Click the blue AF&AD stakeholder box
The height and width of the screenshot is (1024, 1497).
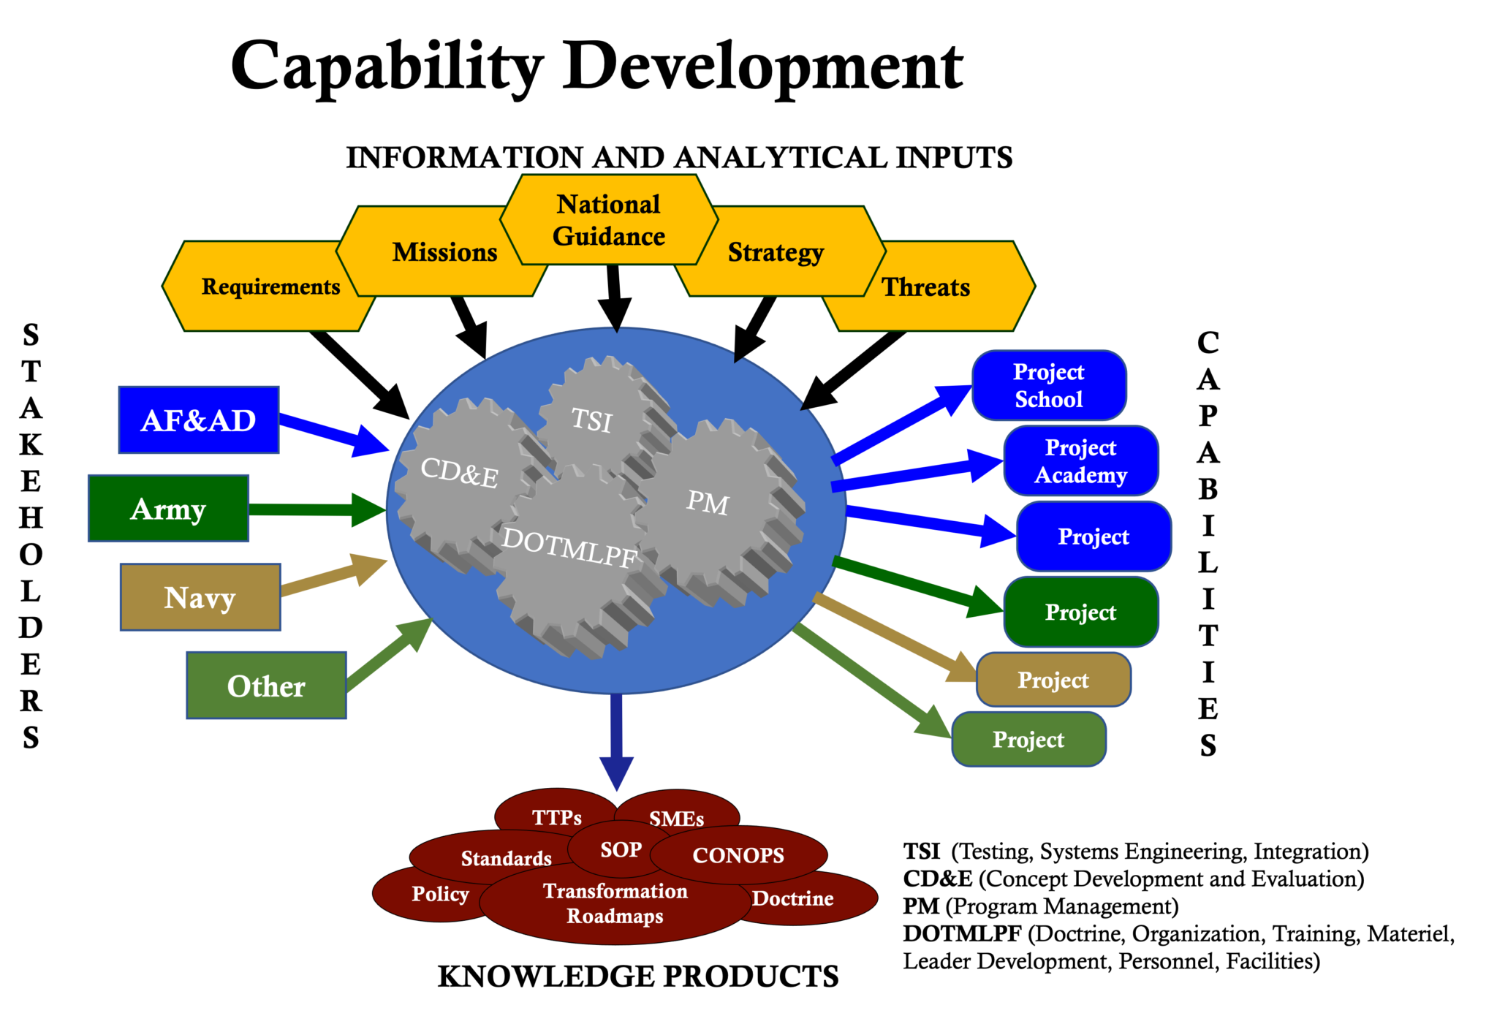pos(198,420)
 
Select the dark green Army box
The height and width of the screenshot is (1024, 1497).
pos(168,509)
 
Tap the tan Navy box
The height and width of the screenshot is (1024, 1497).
pos(200,597)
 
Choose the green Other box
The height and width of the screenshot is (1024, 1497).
pos(266,686)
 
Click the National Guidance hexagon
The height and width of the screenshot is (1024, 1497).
pos(609,220)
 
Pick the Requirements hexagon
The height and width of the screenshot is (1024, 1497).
pos(270,287)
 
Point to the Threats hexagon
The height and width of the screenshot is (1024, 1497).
pos(926,287)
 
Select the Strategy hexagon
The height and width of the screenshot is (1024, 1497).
pos(776,252)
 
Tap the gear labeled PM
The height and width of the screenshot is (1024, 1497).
pos(708,503)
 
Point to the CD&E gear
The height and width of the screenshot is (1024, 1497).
pos(459,472)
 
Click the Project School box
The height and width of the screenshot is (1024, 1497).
pos(1049,386)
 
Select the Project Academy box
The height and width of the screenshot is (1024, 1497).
pos(1081,461)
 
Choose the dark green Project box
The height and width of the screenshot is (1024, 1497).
pos(1081,612)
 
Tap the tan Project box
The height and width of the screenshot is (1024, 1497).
pos(1053,680)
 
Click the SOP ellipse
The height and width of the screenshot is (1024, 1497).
pos(621,849)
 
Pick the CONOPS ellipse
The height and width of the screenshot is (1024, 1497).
pos(738,855)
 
